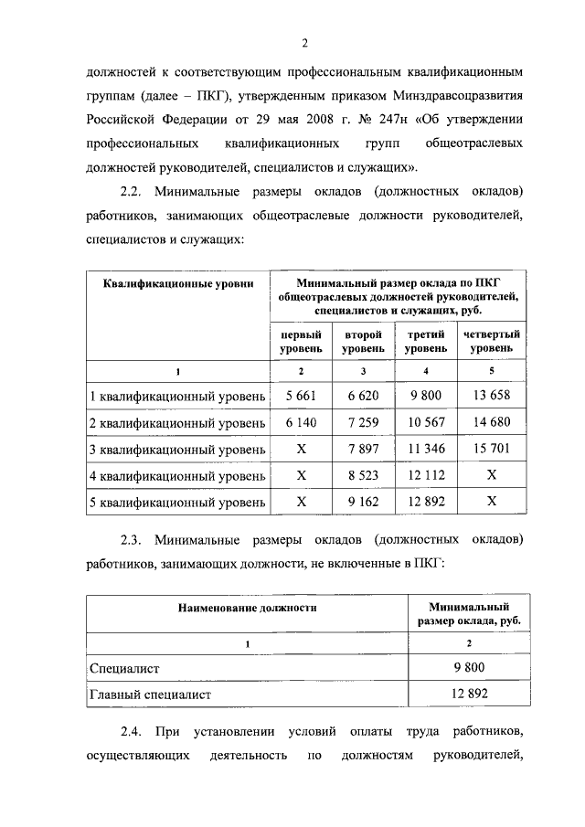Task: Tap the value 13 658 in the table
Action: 492,397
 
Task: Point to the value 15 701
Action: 492,450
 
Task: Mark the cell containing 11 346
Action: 426,450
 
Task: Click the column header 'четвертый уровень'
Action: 492,342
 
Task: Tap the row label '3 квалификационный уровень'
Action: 177,450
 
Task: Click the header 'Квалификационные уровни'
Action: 177,284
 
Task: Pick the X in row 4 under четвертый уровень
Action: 492,476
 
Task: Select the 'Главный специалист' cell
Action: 150,694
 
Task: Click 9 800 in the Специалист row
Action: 468,668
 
